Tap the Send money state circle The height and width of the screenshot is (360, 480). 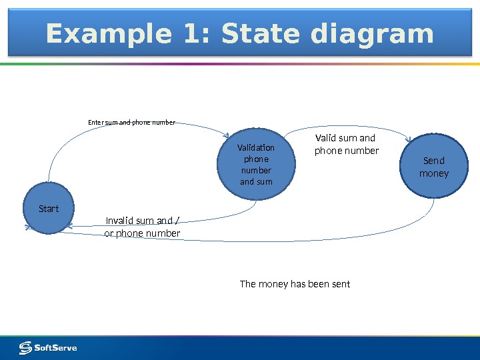tap(433, 167)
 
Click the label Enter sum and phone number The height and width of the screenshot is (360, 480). tap(132, 122)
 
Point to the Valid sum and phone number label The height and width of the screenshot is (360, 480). tap(346, 144)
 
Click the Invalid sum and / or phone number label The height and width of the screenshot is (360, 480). tap(143, 227)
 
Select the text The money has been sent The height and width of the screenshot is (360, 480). tap(295, 284)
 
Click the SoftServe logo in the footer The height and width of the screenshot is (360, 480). tap(48, 347)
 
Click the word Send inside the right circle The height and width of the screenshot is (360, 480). tap(433, 161)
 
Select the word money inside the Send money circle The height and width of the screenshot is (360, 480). tap(433, 173)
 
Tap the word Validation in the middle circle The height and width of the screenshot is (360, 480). tap(256, 148)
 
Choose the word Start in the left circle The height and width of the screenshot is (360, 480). tap(49, 209)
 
